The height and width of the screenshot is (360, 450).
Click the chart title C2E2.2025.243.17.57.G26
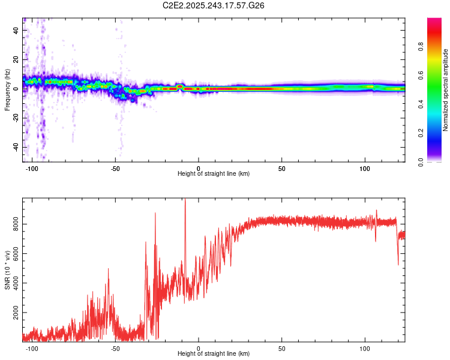tap(214, 5)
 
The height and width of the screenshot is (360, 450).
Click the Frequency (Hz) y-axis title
tap(7, 90)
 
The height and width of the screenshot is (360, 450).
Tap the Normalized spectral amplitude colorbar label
tap(445, 90)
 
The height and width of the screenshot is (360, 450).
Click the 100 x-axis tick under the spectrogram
tap(365, 168)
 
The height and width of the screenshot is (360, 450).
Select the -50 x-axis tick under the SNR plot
tap(116, 348)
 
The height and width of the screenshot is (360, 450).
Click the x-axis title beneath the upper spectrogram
tap(214, 174)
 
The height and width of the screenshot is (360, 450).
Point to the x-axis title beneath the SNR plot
tap(214, 354)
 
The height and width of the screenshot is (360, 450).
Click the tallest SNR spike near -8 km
tap(185, 200)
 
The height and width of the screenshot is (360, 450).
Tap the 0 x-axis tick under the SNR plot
tap(199, 348)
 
